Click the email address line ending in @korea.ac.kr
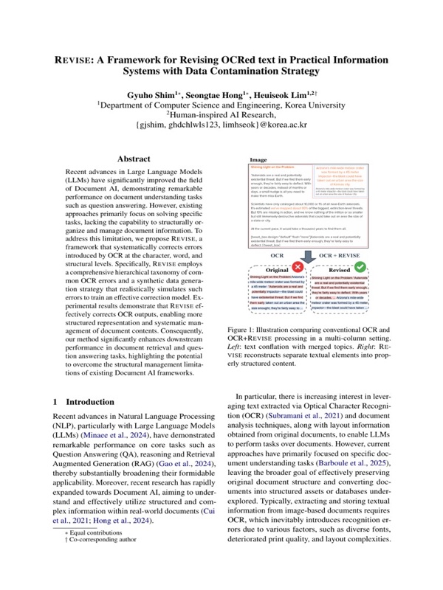point(221,125)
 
